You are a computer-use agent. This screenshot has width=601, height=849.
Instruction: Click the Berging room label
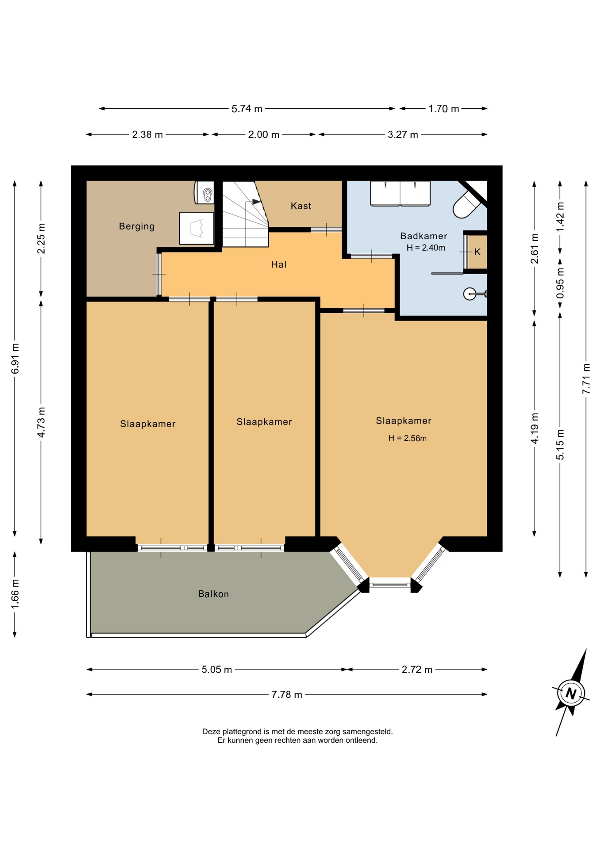point(137,226)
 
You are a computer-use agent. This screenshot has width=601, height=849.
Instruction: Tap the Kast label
point(301,206)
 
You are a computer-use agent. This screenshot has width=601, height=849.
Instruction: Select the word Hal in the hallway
point(279,264)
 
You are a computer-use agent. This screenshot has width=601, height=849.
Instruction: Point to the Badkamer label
point(424,236)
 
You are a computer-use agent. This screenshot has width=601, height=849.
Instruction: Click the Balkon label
point(213,594)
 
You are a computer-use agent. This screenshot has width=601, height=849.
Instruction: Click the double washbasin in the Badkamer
point(400,193)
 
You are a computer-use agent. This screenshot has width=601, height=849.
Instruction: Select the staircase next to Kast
point(245,214)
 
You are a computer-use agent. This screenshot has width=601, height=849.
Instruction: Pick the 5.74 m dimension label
point(247,109)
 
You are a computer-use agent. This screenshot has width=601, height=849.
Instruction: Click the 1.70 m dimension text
point(444,109)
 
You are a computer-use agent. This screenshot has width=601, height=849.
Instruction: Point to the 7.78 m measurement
point(287,695)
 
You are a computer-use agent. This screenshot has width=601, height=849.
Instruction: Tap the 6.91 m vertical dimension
point(15,359)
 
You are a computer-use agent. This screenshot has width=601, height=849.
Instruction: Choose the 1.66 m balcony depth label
point(15,593)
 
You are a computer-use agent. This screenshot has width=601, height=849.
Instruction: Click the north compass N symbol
point(571,693)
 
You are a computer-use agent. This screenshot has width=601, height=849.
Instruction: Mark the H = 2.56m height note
point(408,438)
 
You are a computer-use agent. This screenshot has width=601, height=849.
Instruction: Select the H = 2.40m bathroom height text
point(426,248)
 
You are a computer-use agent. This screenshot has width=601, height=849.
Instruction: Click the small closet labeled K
point(477,252)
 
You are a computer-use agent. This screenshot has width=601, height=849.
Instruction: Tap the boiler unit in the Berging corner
point(204,192)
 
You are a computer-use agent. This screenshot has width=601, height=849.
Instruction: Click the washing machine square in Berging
point(196,228)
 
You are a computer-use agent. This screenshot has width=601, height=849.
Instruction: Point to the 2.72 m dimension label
point(417,670)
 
